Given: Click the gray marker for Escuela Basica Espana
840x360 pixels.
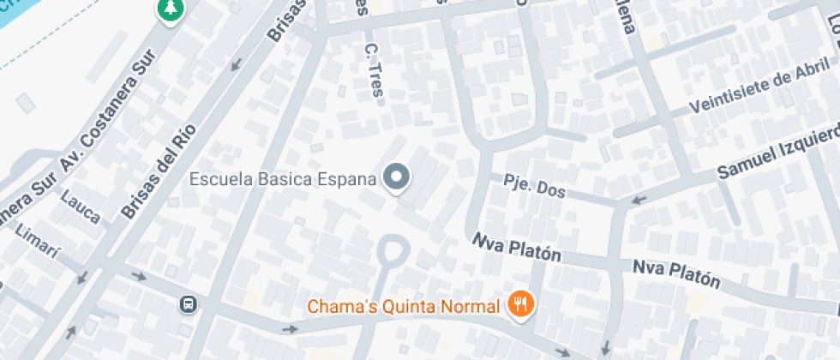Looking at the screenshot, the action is [x=396, y=178].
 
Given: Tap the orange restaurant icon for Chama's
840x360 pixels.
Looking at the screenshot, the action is [x=519, y=303].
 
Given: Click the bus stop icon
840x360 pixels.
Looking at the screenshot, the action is [x=187, y=303].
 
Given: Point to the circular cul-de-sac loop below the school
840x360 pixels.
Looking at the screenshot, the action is [x=393, y=252].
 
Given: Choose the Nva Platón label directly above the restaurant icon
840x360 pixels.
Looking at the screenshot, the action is [x=517, y=249].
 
